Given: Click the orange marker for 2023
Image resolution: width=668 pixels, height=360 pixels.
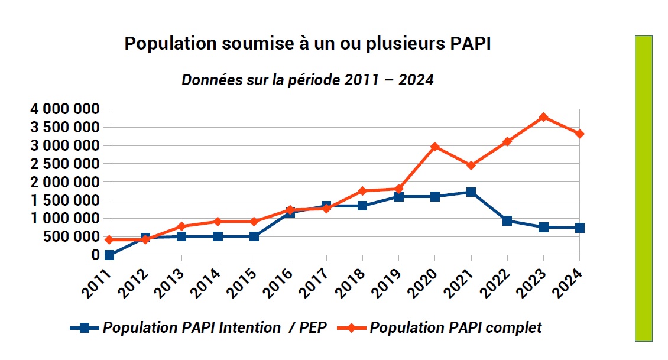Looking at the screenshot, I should [543, 117].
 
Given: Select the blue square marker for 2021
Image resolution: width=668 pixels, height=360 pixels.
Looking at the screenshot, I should [471, 192].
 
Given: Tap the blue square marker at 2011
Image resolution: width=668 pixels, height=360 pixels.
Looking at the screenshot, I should [109, 255].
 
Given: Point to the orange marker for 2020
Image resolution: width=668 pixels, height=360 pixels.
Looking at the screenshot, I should [435, 147].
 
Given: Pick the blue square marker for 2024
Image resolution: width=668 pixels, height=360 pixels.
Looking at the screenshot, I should [580, 228].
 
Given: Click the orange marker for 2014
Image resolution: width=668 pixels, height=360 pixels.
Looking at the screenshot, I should [218, 222].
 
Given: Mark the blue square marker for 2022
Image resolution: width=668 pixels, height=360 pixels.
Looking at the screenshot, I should [507, 220].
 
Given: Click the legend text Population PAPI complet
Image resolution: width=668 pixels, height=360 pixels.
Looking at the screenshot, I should [455, 327].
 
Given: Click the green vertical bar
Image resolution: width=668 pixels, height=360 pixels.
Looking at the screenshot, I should [643, 188].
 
